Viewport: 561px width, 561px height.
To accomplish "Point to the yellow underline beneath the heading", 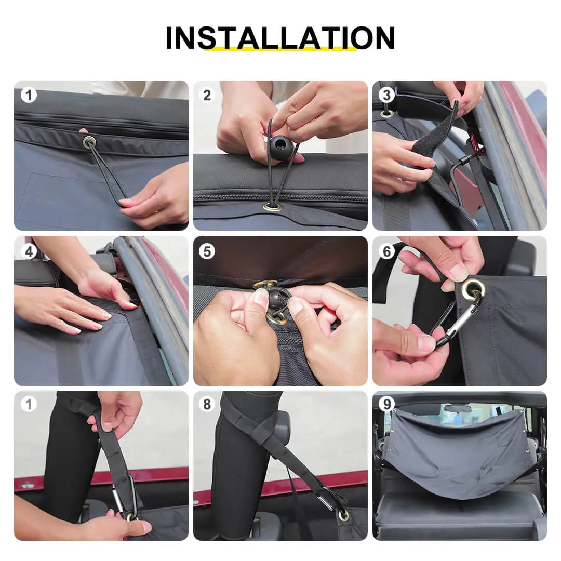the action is coord(280,49).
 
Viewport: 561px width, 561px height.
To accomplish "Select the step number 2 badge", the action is coord(207,95).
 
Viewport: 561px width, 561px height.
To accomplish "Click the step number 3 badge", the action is coord(386,95).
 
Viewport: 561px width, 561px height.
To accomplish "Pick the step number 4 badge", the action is coord(29,251).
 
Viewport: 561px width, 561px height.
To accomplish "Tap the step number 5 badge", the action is coord(207,251).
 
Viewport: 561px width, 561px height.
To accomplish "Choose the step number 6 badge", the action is coord(386,251).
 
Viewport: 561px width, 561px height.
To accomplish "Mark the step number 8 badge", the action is coord(207,404).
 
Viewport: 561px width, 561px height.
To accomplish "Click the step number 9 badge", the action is coord(386,404).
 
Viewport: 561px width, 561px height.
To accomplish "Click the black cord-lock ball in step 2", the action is coord(281,146).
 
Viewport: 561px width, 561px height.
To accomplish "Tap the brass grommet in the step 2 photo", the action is coord(272,207).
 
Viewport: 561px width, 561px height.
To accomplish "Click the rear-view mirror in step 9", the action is coord(457,409).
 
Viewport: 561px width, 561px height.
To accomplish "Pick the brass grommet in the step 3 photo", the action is coord(385,114).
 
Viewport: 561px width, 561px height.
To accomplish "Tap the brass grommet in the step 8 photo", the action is coord(343,515).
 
